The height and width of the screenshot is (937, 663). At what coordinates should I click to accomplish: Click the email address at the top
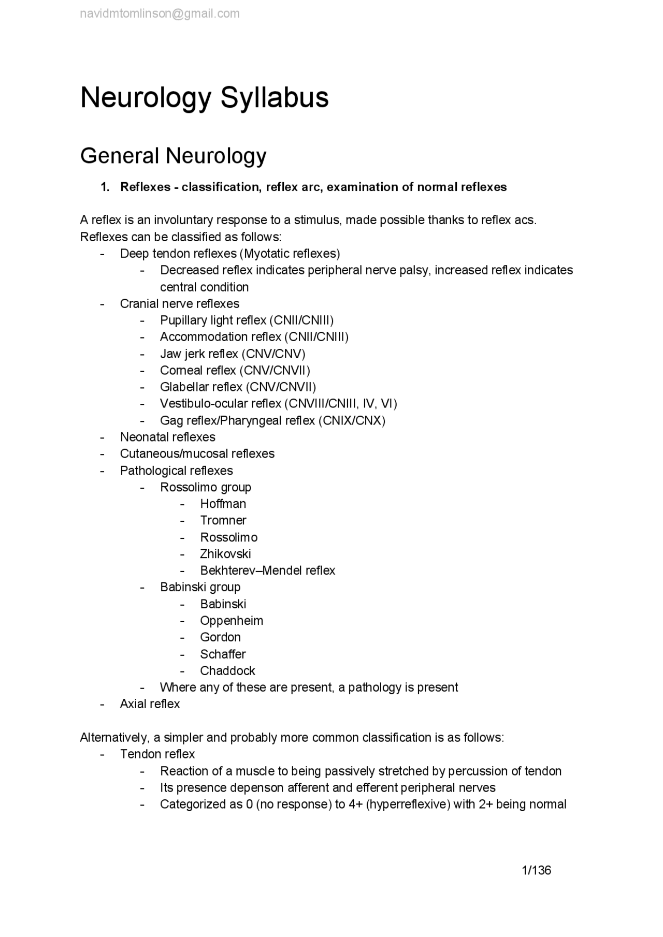point(160,14)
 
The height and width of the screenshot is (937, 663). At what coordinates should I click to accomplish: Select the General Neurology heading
point(173,155)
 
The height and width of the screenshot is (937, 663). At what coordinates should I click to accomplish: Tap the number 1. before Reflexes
point(105,187)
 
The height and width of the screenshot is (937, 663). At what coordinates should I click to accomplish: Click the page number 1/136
point(536,870)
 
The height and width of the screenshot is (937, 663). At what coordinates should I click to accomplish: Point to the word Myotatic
point(266,254)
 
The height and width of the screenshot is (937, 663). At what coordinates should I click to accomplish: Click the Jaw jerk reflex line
point(233,354)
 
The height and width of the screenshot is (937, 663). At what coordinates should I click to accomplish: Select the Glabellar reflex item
point(238,387)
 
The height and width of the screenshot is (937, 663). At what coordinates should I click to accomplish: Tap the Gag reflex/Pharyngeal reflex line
point(272,420)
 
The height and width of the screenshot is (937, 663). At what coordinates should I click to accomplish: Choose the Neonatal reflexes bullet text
point(167,437)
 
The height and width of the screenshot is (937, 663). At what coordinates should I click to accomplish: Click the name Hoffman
point(223,504)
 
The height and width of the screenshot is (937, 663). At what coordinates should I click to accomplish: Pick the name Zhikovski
point(225,554)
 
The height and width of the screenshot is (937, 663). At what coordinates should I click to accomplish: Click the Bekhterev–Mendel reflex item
point(267,570)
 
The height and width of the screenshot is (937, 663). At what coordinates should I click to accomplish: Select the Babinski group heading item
point(200,587)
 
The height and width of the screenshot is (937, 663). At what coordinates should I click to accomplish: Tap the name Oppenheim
point(232,621)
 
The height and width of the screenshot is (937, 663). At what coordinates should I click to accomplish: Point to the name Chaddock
point(227,671)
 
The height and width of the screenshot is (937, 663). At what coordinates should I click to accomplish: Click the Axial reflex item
point(150,704)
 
